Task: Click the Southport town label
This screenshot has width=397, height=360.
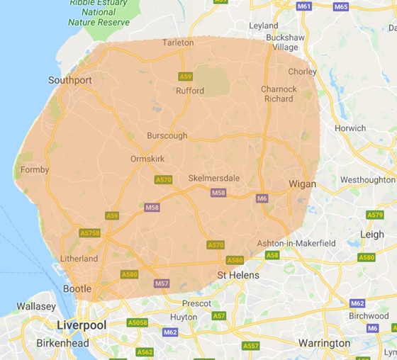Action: click(70, 80)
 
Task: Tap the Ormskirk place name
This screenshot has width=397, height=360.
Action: click(148, 159)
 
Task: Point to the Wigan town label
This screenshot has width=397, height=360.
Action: click(303, 184)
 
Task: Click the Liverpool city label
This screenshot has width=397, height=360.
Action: click(82, 325)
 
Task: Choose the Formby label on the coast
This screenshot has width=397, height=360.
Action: click(35, 170)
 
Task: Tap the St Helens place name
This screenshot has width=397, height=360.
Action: click(238, 275)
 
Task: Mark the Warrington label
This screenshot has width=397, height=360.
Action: click(324, 343)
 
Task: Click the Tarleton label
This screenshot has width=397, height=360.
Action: click(178, 43)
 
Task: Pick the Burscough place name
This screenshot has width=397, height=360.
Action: click(167, 135)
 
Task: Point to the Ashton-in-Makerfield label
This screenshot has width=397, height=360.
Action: click(296, 242)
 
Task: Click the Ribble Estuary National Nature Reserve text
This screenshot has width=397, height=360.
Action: click(99, 13)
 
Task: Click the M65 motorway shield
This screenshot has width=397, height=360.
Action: click(341, 6)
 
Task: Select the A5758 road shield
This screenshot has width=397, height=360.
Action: click(90, 232)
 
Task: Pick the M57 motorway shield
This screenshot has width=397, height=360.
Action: click(161, 283)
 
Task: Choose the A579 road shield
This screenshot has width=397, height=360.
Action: click(375, 215)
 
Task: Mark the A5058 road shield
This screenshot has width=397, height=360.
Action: click(137, 323)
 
